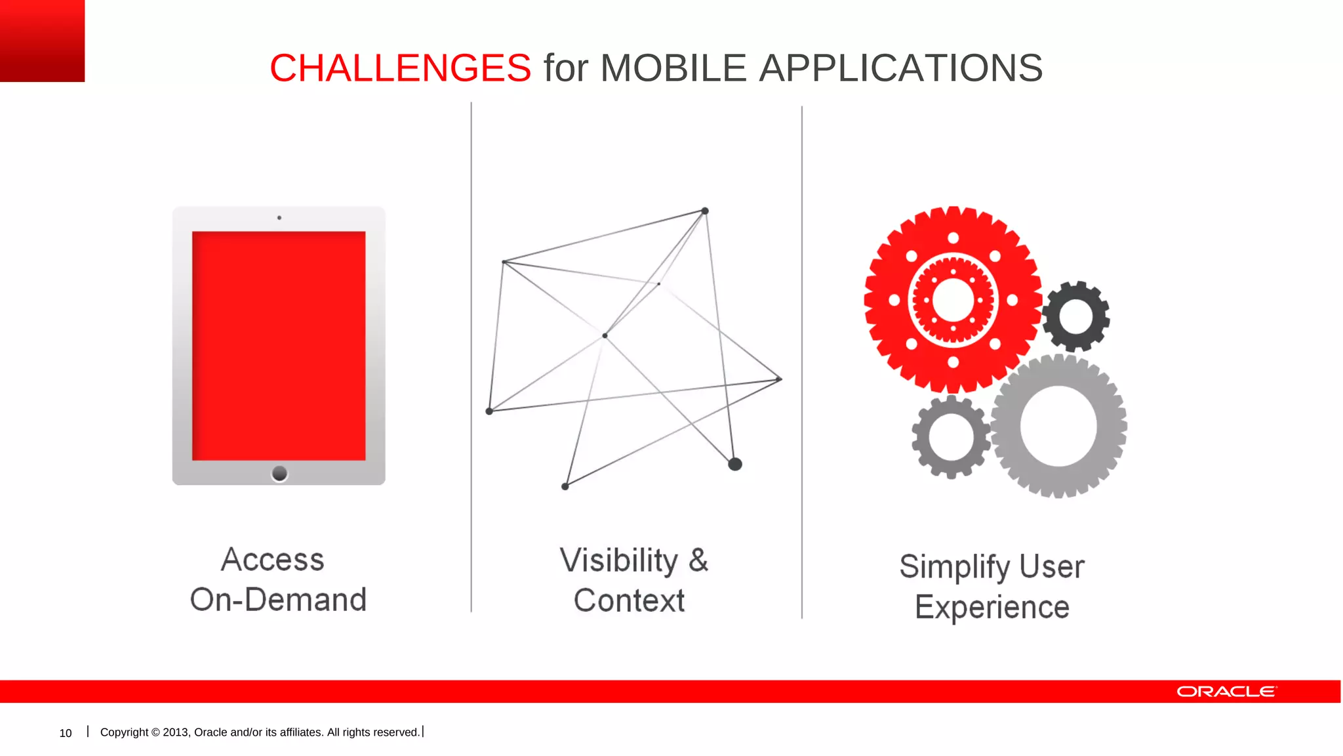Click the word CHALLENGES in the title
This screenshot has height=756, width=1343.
(x=400, y=68)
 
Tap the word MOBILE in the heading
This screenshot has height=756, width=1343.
(x=673, y=68)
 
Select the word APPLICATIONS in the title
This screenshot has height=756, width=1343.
(x=900, y=68)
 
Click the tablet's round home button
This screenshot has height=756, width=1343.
(x=279, y=473)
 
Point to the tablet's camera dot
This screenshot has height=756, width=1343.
(x=279, y=218)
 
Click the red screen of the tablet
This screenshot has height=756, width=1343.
(x=279, y=346)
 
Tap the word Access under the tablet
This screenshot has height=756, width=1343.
(x=273, y=560)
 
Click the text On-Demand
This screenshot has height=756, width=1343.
(x=278, y=600)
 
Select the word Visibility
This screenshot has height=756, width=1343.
(x=618, y=561)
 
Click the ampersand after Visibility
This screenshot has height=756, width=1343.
(x=698, y=560)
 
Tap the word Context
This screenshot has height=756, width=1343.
(x=629, y=600)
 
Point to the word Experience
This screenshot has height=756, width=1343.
(x=992, y=607)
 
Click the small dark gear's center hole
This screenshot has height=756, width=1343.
(x=1075, y=316)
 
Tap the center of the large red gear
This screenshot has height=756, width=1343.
(x=953, y=300)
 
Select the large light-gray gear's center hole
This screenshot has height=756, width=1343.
(x=1058, y=426)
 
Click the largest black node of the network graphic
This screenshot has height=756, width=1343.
(x=735, y=465)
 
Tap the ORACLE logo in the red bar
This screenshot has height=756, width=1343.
(x=1226, y=692)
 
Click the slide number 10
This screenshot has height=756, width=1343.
(x=66, y=733)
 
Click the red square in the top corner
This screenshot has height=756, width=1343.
(x=42, y=41)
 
